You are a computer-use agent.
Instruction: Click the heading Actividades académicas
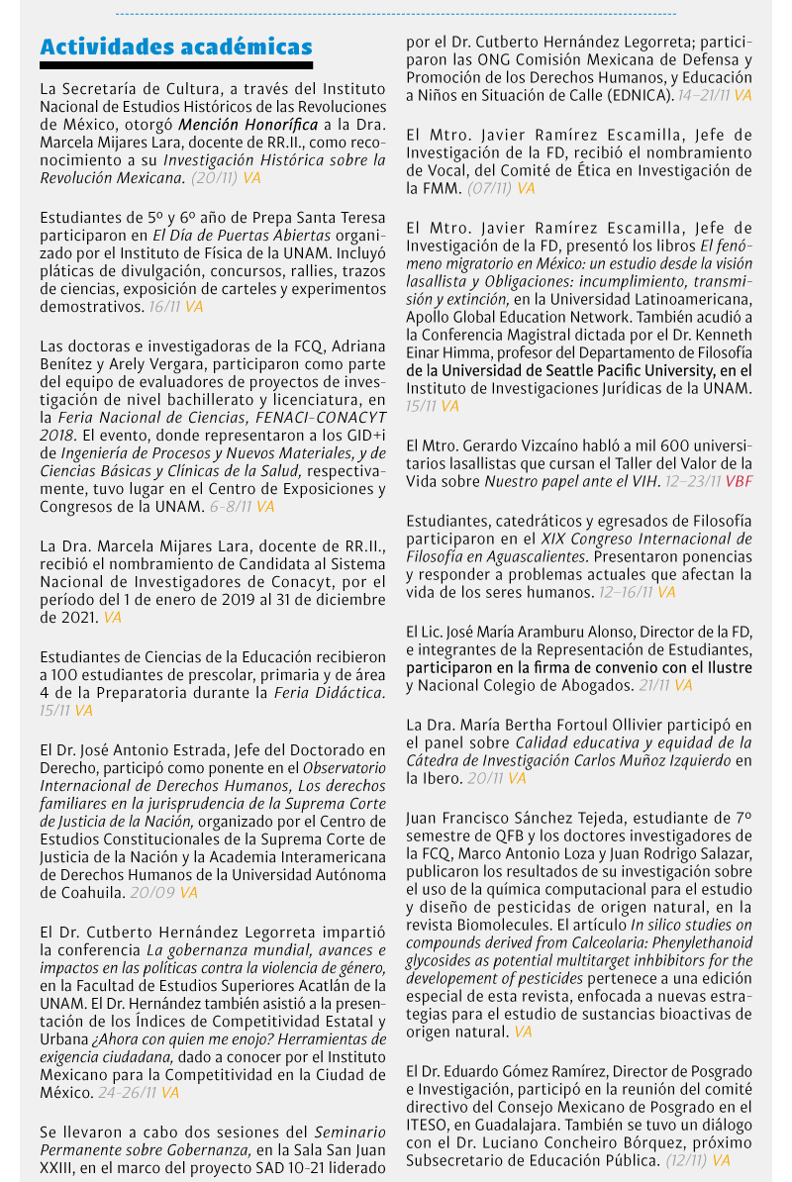tap(176, 47)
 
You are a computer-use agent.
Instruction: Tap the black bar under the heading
tap(176, 65)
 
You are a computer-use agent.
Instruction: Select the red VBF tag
tap(739, 481)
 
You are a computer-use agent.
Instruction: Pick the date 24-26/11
tap(127, 1093)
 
